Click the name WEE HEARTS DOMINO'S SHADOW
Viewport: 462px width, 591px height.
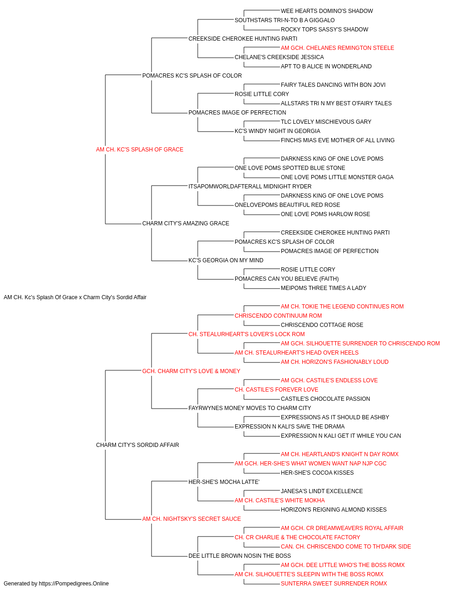click(x=327, y=11)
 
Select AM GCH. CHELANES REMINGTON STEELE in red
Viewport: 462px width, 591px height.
click(x=337, y=48)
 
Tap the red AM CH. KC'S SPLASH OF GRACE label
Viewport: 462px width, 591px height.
click(x=140, y=150)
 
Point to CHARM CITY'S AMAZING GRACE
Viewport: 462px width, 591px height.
click(x=186, y=223)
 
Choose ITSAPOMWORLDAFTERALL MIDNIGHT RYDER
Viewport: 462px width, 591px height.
click(x=250, y=186)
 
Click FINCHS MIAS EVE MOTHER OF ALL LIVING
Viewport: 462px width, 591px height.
click(x=338, y=140)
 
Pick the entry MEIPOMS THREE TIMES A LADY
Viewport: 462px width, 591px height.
click(x=323, y=288)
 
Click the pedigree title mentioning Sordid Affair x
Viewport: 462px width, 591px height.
click(x=75, y=297)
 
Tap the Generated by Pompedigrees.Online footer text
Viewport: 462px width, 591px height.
click(x=56, y=584)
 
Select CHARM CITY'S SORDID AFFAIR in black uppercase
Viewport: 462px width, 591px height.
click(x=137, y=445)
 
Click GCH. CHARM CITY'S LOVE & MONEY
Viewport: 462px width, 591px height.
click(x=191, y=371)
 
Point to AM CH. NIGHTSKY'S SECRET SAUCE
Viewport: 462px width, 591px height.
click(x=192, y=519)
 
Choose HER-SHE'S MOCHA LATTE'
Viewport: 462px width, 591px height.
click(x=224, y=482)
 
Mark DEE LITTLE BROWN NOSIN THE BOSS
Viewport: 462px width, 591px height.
click(x=240, y=555)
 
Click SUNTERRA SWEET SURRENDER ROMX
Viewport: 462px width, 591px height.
click(x=334, y=584)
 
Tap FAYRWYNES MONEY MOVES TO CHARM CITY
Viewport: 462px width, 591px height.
click(x=250, y=408)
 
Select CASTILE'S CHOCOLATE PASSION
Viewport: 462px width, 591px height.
click(x=325, y=399)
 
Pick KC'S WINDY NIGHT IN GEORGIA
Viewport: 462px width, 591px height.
click(x=278, y=131)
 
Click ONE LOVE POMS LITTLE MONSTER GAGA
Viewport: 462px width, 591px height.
click(x=337, y=177)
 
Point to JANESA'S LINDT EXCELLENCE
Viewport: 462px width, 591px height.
click(x=322, y=491)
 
